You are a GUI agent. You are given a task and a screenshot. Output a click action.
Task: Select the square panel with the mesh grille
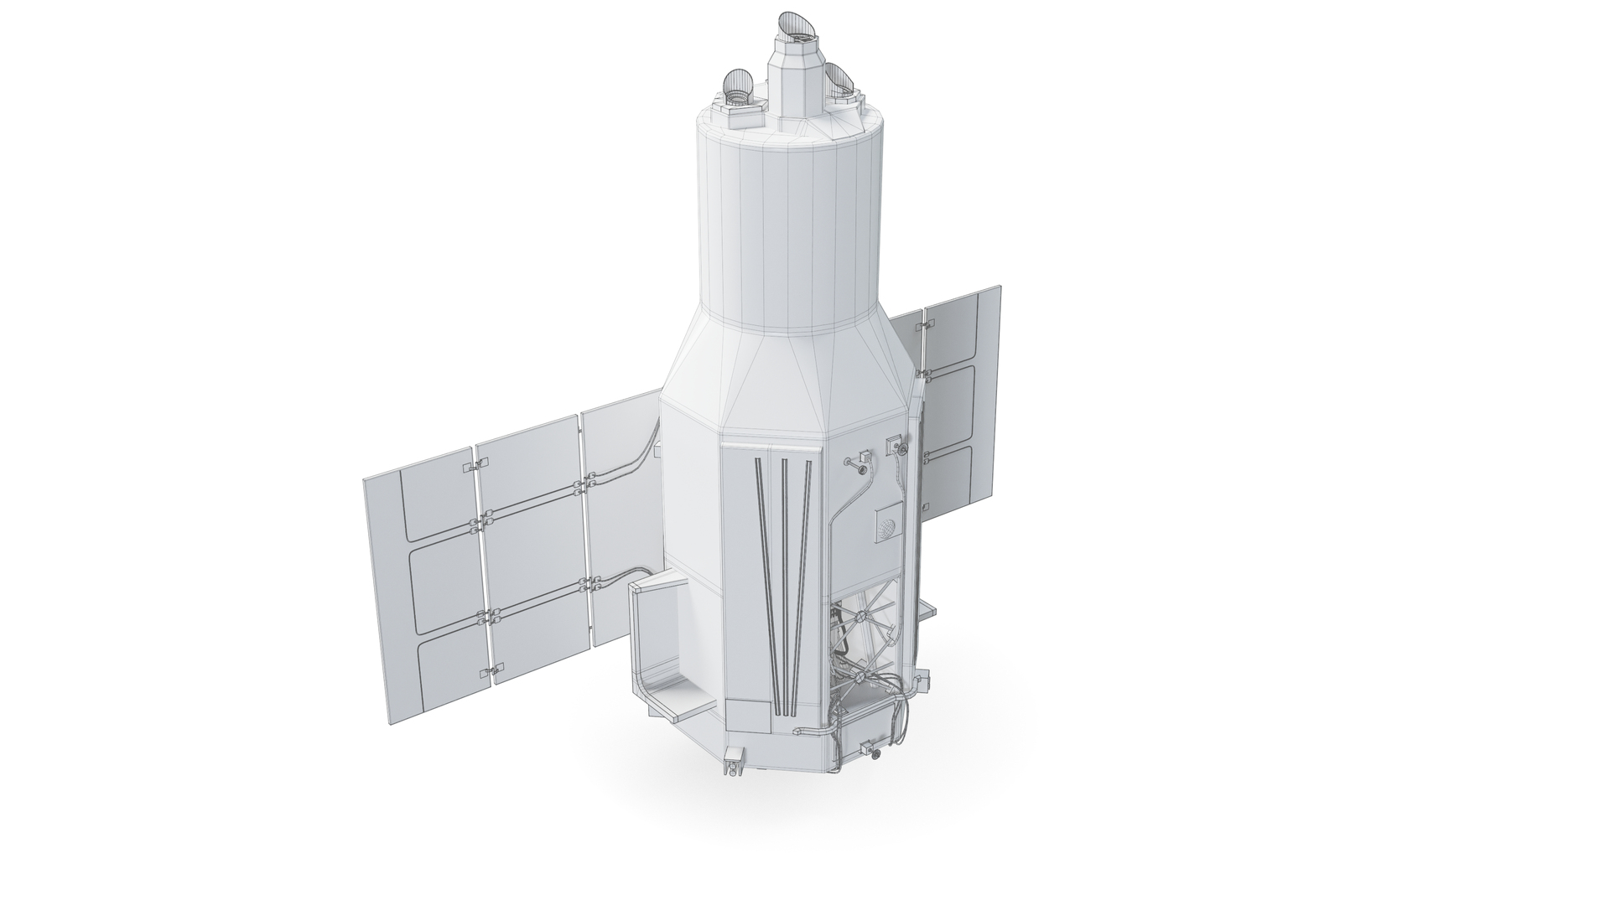point(886,525)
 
